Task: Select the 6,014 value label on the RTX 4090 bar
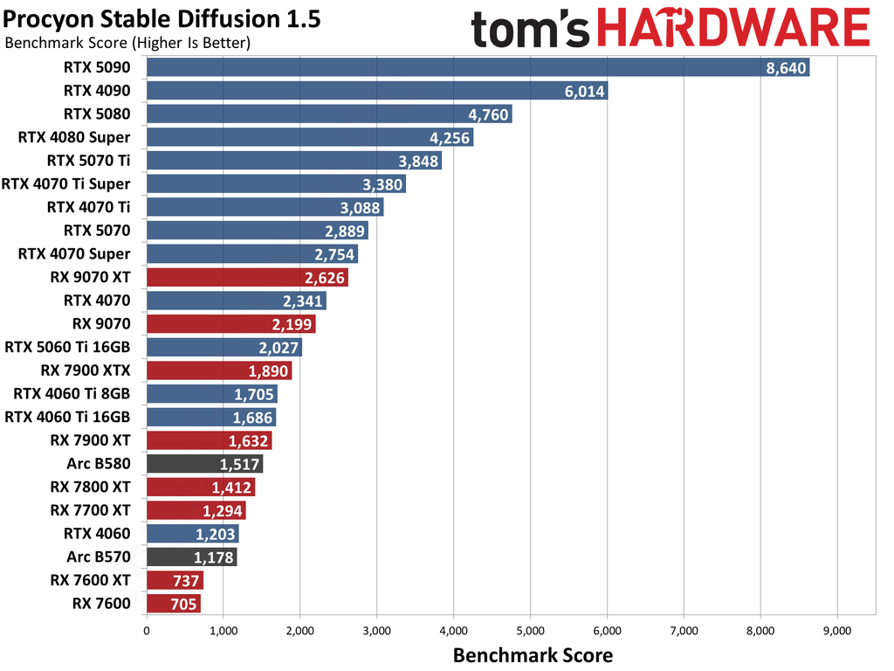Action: coord(584,92)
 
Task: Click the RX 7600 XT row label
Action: coord(91,580)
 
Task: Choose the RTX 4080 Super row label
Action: coord(74,137)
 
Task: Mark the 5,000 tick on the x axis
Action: coord(530,629)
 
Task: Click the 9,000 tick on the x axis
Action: coord(837,629)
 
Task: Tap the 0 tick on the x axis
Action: coord(147,629)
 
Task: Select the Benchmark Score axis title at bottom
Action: coord(532,654)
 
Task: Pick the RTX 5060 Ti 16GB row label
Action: coord(67,347)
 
